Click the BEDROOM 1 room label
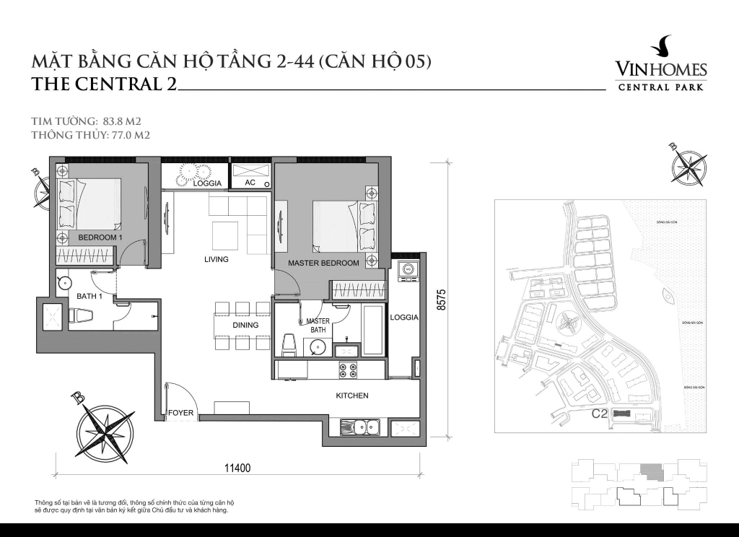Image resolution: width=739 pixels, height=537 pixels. click(x=100, y=237)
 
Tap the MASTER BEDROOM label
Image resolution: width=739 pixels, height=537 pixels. click(x=323, y=263)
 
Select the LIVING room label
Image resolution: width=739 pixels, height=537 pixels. click(x=216, y=259)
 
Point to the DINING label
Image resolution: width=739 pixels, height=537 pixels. click(x=245, y=326)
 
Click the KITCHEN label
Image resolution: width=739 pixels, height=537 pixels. click(x=352, y=396)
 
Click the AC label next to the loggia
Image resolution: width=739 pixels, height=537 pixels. click(x=250, y=183)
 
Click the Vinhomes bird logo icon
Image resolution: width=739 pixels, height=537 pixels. click(x=660, y=48)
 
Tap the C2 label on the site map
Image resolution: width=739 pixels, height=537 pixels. click(x=598, y=414)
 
